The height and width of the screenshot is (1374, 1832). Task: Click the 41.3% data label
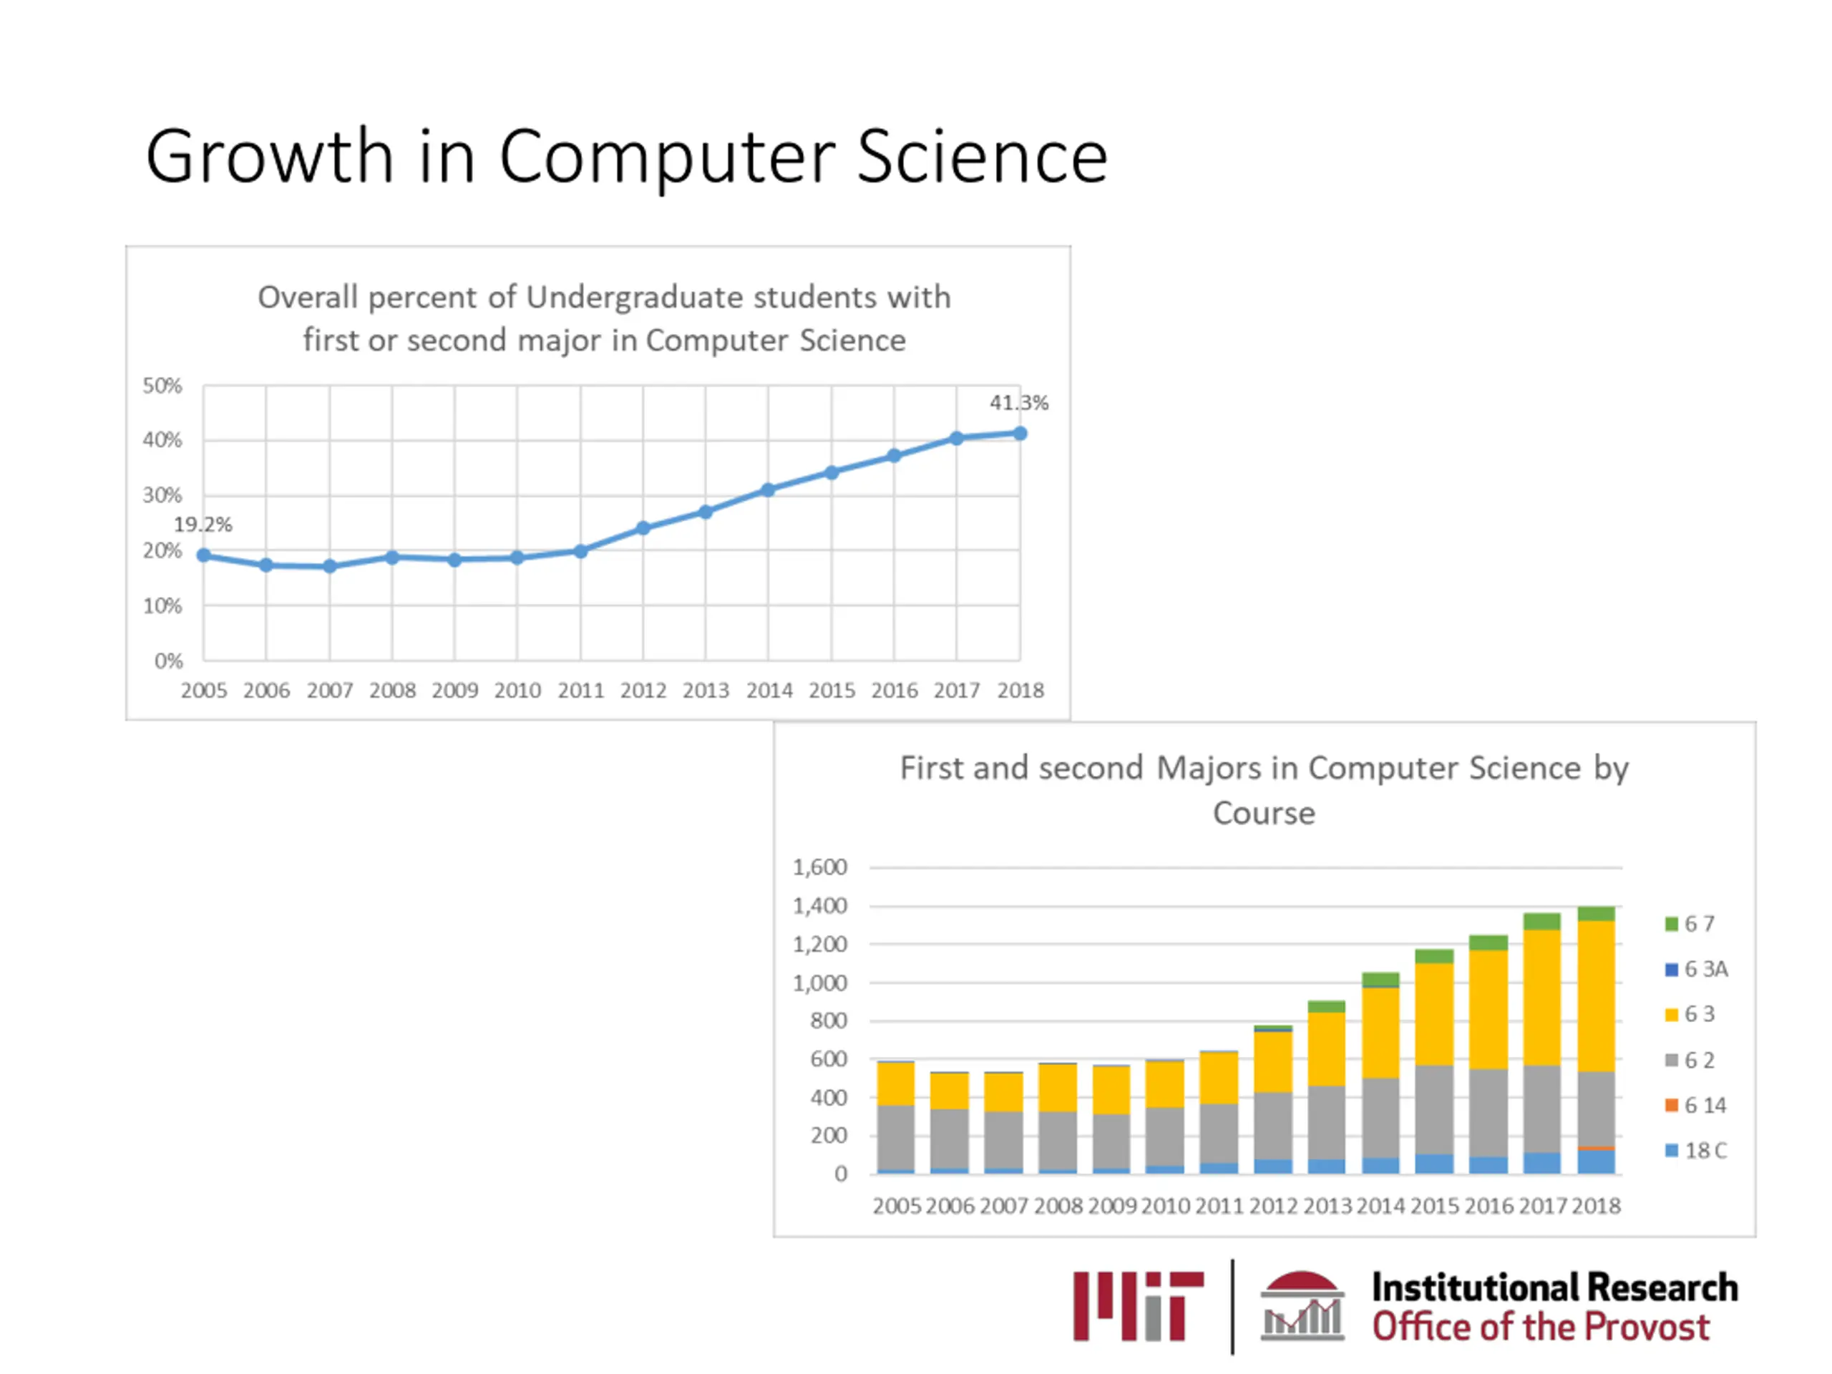(1019, 404)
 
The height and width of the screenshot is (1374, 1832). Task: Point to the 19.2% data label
(203, 525)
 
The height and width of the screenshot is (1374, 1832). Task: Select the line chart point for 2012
(643, 527)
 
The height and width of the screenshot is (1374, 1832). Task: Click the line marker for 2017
(957, 438)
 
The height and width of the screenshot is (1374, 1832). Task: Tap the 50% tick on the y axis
(162, 386)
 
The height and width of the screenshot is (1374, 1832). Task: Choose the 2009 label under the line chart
(454, 690)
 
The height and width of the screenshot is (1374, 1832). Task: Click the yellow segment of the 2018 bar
(1596, 995)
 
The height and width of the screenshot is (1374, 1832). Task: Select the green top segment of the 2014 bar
(1380, 980)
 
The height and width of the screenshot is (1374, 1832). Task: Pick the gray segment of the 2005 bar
(895, 1137)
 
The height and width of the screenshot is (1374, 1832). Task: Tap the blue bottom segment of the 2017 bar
(1542, 1163)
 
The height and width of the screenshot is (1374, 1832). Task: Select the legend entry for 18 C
(1696, 1151)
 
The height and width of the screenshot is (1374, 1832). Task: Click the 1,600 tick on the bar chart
(820, 867)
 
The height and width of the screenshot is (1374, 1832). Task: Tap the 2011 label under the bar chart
(1219, 1206)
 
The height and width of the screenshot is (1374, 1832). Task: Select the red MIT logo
(1138, 1306)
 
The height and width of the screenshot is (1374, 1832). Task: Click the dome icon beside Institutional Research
(1302, 1306)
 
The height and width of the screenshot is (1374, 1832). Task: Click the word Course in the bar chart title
(1264, 813)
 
